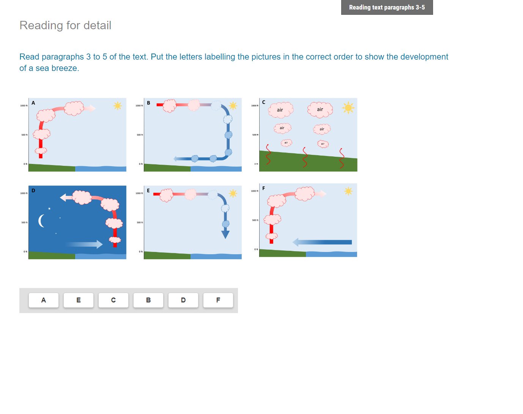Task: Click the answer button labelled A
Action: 44,300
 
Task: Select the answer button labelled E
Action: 79,300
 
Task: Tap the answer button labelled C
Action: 113,300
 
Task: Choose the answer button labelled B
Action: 148,300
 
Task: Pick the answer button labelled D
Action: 183,300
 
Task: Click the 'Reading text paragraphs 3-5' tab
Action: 387,7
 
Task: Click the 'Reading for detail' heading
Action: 65,25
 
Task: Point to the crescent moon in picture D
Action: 41,220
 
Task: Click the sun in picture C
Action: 348,108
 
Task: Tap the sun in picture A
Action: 118,105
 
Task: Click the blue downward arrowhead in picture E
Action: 225,235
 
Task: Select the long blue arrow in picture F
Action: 323,242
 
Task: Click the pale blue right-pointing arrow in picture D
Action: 84,244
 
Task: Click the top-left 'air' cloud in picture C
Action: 280,110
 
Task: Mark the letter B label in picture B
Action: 148,103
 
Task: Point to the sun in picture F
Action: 348,191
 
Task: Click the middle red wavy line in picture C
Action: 305,157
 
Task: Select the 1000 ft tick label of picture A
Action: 24,105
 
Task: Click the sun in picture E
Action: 233,193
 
